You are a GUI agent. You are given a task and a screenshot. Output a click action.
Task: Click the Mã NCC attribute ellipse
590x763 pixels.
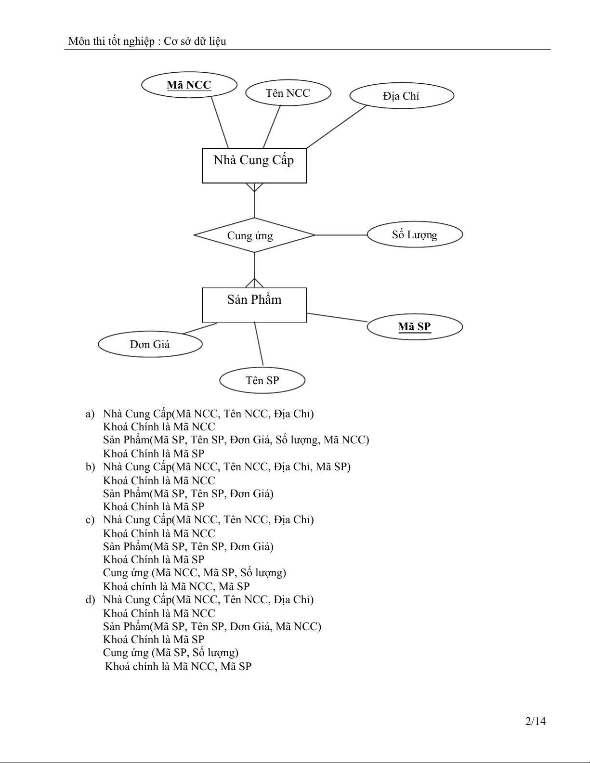tap(189, 85)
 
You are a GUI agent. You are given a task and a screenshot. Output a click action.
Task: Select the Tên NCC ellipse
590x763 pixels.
tap(288, 93)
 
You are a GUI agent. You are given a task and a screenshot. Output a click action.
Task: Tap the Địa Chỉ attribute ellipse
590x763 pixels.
tap(401, 96)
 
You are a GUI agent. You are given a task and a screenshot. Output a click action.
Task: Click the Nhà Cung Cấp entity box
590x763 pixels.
tap(254, 165)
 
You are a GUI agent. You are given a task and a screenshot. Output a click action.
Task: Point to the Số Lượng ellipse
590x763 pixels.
tap(414, 234)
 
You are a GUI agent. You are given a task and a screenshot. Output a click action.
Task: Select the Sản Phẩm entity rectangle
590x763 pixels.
tap(254, 305)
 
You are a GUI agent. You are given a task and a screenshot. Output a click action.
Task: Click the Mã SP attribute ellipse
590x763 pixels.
tap(414, 327)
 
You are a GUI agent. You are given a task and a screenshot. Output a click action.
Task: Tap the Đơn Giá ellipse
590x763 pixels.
tap(150, 344)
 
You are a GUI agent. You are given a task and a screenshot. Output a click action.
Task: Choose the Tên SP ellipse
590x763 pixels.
tap(262, 380)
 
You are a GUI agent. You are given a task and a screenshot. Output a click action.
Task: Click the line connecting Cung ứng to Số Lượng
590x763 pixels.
tap(341, 235)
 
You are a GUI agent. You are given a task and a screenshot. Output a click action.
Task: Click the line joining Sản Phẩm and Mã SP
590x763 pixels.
tap(337, 317)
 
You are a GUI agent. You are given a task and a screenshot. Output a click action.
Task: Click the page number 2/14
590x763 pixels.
tap(535, 721)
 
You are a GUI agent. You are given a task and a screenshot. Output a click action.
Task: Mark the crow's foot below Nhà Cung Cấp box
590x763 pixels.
tap(254, 187)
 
